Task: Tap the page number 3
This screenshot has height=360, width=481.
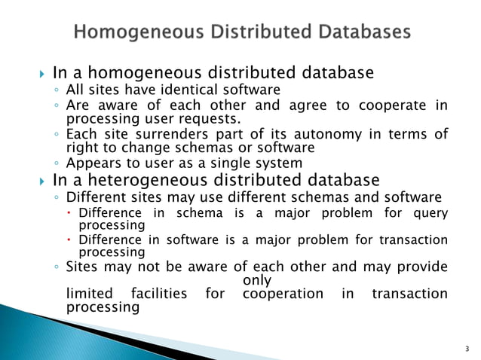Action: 467,348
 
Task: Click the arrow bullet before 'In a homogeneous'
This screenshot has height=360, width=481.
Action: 41,74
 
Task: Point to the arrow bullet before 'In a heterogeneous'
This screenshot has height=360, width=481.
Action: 41,181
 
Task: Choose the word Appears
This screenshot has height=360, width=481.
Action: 91,163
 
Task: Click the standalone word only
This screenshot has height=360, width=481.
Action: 259,280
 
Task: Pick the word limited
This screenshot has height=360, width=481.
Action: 90,293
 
